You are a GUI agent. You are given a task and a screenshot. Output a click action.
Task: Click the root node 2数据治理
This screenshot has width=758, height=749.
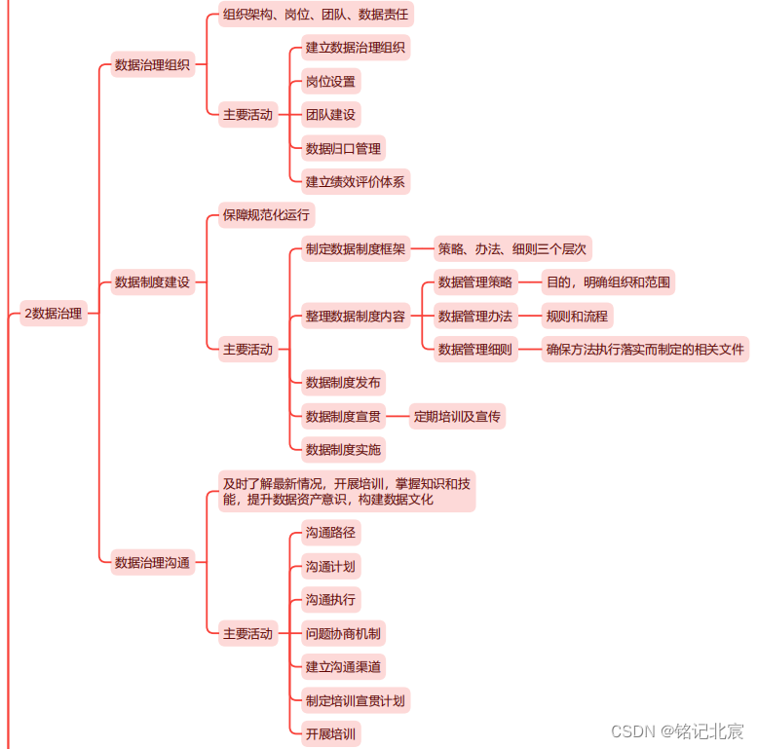coord(54,313)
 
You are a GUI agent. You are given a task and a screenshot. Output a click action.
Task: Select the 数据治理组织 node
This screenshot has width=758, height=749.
coord(152,65)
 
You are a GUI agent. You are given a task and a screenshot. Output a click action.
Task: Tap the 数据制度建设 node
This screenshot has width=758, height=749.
coord(152,282)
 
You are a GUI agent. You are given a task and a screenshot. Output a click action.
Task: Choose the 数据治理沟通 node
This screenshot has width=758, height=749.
coord(152,562)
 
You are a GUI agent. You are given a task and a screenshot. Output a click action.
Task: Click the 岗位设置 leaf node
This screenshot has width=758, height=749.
coord(330,81)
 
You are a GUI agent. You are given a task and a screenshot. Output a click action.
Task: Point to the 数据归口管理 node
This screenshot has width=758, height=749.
coord(343,148)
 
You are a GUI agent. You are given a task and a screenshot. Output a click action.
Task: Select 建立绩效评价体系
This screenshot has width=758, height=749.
coord(355,181)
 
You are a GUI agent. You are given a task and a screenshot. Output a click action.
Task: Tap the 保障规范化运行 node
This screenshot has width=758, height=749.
coord(266,214)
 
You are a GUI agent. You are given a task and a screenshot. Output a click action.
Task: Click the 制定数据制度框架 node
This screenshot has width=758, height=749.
coord(356,249)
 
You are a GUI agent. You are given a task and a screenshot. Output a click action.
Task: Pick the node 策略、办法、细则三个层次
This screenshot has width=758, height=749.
coord(512,249)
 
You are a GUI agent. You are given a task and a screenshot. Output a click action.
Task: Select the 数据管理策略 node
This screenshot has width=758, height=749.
coord(474,282)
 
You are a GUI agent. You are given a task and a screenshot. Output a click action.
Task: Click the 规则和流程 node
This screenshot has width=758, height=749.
coord(578,316)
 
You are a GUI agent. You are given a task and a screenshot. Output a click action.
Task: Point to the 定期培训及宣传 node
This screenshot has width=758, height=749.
coord(456,417)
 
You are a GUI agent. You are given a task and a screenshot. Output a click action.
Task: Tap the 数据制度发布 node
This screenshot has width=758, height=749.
coord(343,382)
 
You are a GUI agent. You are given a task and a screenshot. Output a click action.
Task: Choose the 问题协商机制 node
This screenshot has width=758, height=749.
coord(343,633)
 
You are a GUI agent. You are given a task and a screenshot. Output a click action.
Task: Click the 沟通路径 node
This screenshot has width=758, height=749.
coord(330,533)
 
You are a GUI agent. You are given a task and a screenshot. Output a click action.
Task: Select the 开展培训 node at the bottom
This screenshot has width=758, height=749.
coord(330,732)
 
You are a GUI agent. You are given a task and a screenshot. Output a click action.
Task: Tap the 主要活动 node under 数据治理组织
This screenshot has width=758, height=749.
coord(247,114)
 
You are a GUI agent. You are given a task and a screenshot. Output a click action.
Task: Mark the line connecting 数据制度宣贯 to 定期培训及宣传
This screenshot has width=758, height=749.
coord(397,417)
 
